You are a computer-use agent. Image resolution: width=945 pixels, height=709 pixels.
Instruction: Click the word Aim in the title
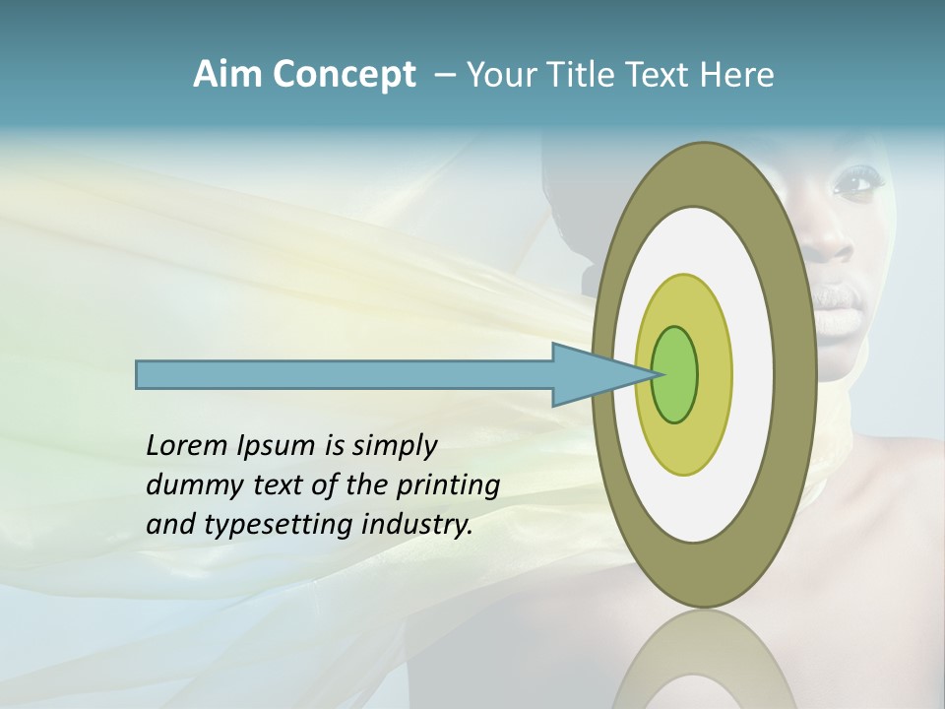tap(228, 75)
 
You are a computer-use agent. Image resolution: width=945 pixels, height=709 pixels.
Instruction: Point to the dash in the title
tap(444, 75)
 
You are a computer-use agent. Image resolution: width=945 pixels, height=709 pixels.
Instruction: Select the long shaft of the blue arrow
tap(345, 374)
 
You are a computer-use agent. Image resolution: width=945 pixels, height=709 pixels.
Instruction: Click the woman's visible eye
tap(852, 181)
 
